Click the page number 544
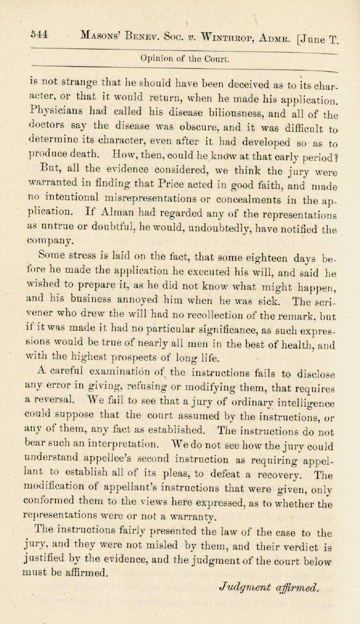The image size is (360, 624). [x=39, y=33]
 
